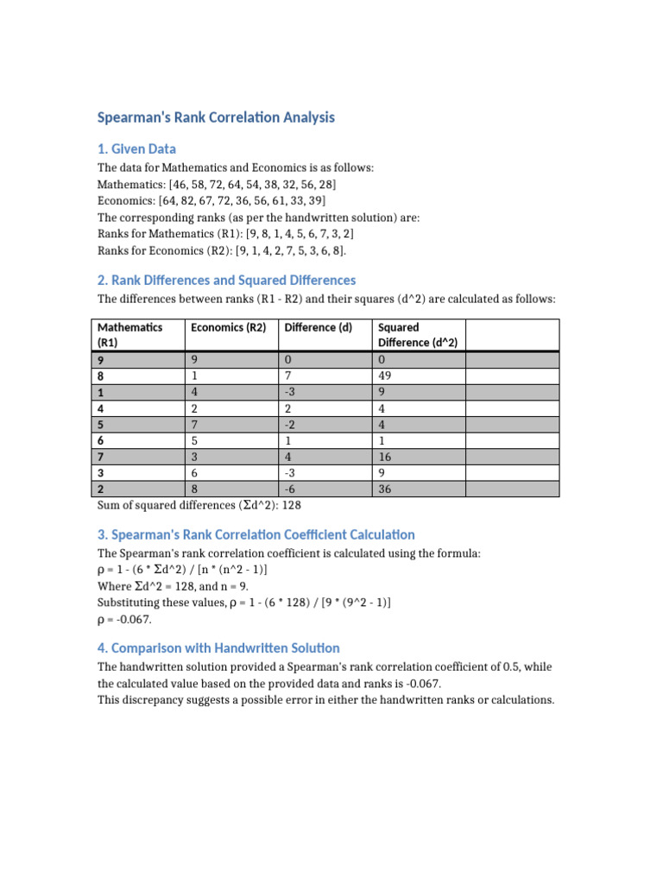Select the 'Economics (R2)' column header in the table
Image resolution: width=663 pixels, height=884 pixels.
229,327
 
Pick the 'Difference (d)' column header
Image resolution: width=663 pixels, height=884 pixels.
319,327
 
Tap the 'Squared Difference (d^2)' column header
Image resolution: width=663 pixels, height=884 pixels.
417,334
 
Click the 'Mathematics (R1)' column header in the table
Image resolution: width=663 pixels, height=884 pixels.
129,334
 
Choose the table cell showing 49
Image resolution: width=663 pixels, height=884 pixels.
386,376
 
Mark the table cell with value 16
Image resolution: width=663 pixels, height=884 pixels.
386,456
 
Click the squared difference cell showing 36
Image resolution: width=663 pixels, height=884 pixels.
386,489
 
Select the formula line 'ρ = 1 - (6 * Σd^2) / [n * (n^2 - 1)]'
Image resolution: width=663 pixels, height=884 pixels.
182,570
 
